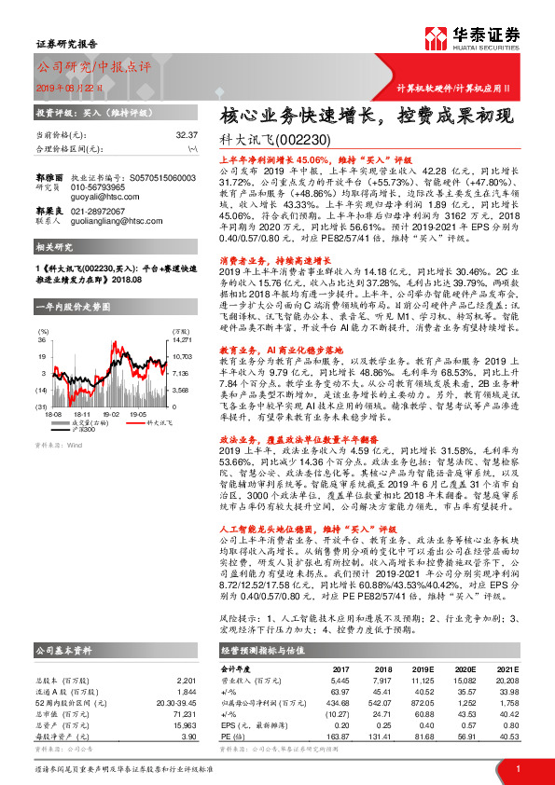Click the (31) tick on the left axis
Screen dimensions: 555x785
point(42,406)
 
